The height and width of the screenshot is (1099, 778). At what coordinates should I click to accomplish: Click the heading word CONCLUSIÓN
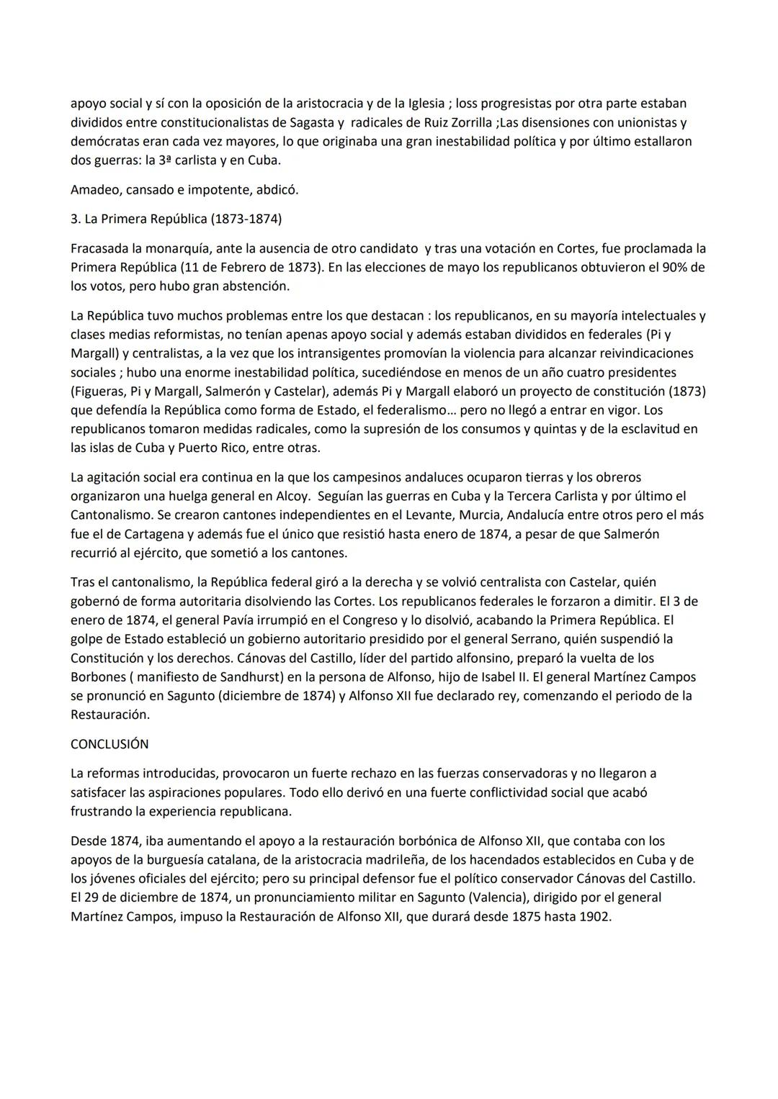point(109,744)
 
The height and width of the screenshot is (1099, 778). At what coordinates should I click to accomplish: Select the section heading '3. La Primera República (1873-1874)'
point(176,219)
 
